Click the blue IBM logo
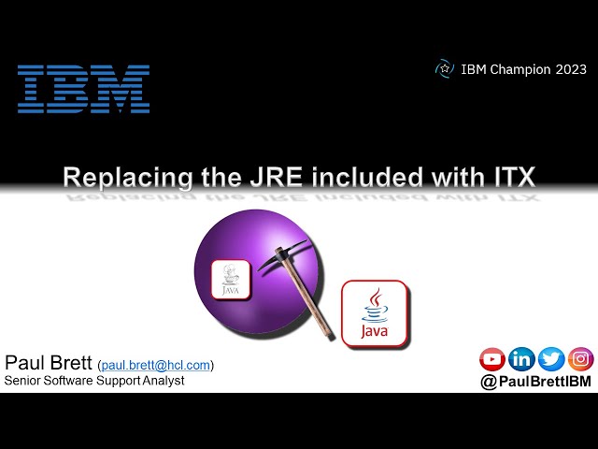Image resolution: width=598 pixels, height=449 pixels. pos(83,89)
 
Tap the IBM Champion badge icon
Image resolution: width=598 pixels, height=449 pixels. pos(445,68)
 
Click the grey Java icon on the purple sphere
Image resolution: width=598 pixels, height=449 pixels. pos(231,280)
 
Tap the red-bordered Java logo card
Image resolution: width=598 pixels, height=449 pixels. pos(376,313)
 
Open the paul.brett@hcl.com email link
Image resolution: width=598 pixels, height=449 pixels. pos(156,365)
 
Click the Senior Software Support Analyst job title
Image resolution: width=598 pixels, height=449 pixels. pos(94,381)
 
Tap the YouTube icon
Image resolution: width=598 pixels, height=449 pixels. pos(492,358)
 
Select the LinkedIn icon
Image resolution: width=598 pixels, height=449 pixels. pos(521,358)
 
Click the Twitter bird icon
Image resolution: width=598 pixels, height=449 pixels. pos(551,358)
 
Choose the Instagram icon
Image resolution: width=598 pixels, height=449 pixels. pos(580,358)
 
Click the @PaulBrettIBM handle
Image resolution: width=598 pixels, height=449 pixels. pos(535,382)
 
